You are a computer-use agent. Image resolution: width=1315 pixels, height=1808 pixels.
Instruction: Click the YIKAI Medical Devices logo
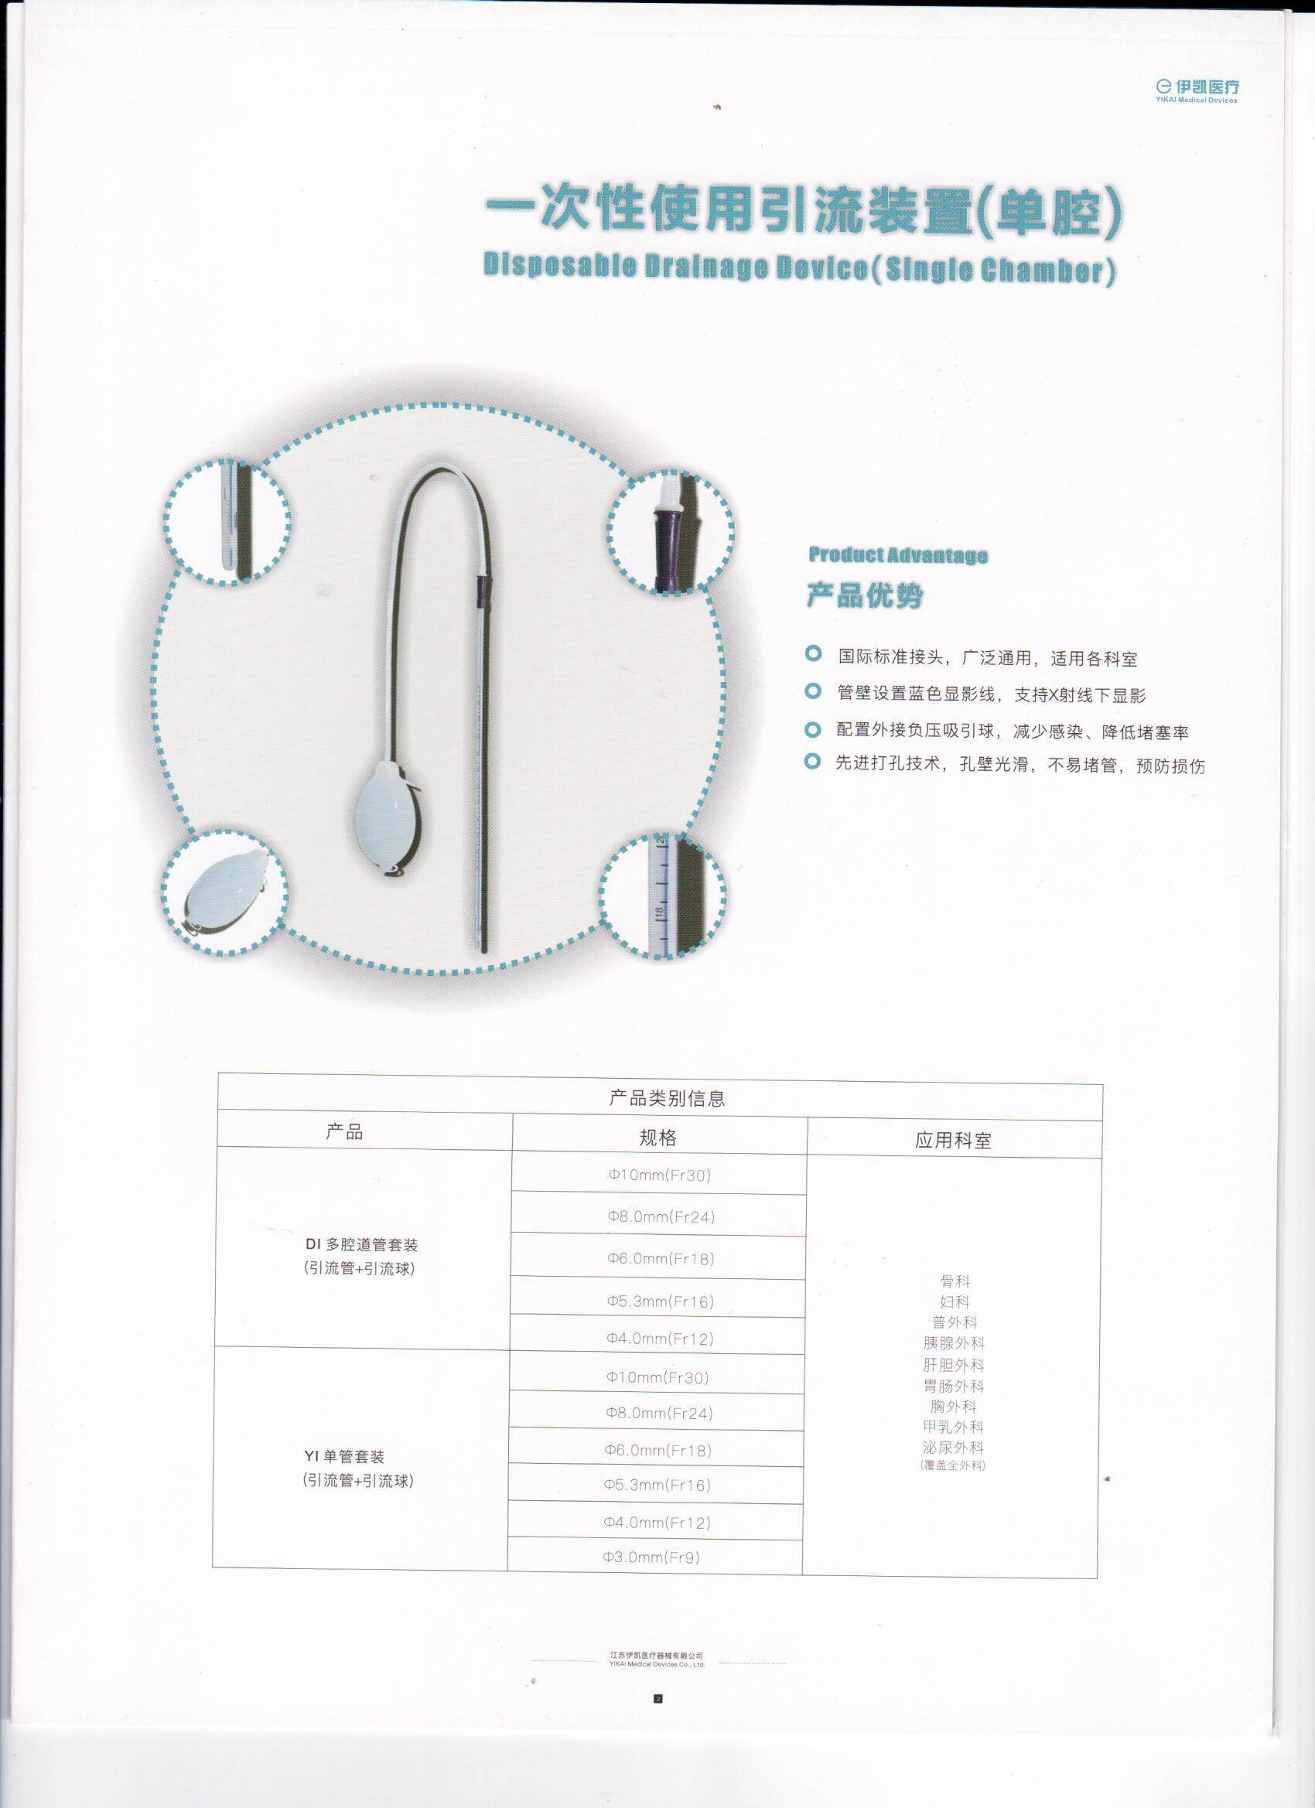1196,89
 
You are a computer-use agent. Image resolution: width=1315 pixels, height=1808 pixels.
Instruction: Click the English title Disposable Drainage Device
799,267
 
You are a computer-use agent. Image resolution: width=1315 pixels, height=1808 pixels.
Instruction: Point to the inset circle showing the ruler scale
664,895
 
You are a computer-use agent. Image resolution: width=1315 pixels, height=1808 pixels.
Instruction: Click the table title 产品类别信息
668,1098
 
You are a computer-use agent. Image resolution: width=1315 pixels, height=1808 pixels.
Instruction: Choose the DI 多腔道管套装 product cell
360,1256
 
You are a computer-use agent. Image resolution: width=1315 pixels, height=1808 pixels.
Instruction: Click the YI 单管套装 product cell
358,1469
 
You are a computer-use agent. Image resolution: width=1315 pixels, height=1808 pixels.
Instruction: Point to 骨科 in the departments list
955,1281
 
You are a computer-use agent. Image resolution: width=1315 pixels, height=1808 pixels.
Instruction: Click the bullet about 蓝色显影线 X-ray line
990,694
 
